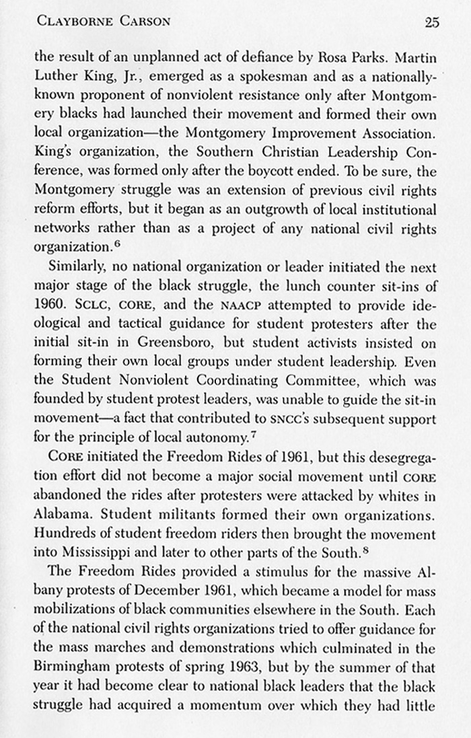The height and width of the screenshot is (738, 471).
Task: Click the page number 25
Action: click(x=431, y=22)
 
